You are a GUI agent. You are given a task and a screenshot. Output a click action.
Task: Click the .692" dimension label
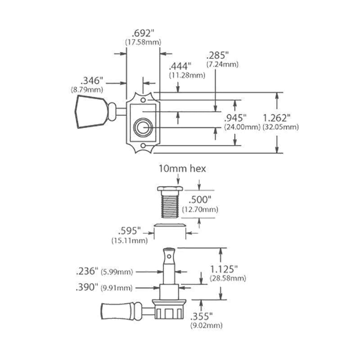[x=143, y=33]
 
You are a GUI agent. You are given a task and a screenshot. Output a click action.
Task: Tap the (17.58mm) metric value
[x=143, y=42]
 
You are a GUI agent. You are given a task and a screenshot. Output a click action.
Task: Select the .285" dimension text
[x=217, y=55]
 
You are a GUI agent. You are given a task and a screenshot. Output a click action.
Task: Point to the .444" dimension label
[x=180, y=66]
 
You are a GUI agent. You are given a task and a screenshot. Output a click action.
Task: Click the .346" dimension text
[x=92, y=81]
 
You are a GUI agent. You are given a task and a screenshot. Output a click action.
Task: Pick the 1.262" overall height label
[x=277, y=118]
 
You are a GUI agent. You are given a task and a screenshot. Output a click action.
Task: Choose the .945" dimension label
[x=235, y=118]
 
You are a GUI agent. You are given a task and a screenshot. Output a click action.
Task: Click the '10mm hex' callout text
[x=183, y=169]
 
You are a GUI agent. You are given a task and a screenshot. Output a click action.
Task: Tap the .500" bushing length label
[x=199, y=200]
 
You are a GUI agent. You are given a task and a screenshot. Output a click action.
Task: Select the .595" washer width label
[x=129, y=231]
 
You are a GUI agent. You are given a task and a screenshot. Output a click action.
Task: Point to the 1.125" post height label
[x=224, y=269]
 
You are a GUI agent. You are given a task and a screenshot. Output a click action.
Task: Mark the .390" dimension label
[x=87, y=287]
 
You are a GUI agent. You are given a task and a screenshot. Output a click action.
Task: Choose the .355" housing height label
[x=201, y=316]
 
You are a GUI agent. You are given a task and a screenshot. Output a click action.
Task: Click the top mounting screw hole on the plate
[x=143, y=100]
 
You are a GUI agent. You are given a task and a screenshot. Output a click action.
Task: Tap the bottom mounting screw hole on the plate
[x=143, y=146]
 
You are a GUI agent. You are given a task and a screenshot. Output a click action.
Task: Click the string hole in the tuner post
[x=169, y=256]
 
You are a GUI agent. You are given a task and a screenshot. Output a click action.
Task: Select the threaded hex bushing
[x=170, y=202]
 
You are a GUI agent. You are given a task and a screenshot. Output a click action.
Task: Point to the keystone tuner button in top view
[x=91, y=112]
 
